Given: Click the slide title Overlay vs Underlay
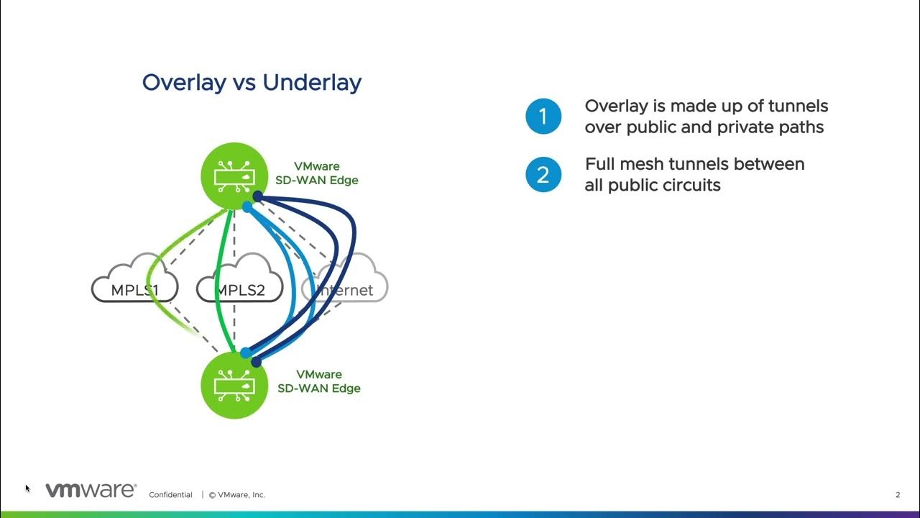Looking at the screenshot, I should click(252, 82).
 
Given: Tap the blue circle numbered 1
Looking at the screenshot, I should click(543, 117).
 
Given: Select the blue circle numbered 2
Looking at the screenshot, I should click(543, 175).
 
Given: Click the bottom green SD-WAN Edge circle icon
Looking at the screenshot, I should click(236, 383).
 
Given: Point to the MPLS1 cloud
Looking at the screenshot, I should click(134, 283).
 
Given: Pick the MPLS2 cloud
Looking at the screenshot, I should click(240, 283).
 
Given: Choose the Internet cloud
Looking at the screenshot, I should click(345, 283).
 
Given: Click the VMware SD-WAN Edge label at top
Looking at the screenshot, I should click(317, 173).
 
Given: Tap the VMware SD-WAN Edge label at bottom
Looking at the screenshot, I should click(319, 381).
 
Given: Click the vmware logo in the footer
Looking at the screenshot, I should click(91, 491).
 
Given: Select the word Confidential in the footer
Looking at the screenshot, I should click(170, 495).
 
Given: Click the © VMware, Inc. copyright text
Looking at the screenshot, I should click(237, 495).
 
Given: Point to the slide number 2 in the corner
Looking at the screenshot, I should click(898, 495).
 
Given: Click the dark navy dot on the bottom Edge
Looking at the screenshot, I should click(257, 362).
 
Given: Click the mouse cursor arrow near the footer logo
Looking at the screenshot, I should click(27, 489).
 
